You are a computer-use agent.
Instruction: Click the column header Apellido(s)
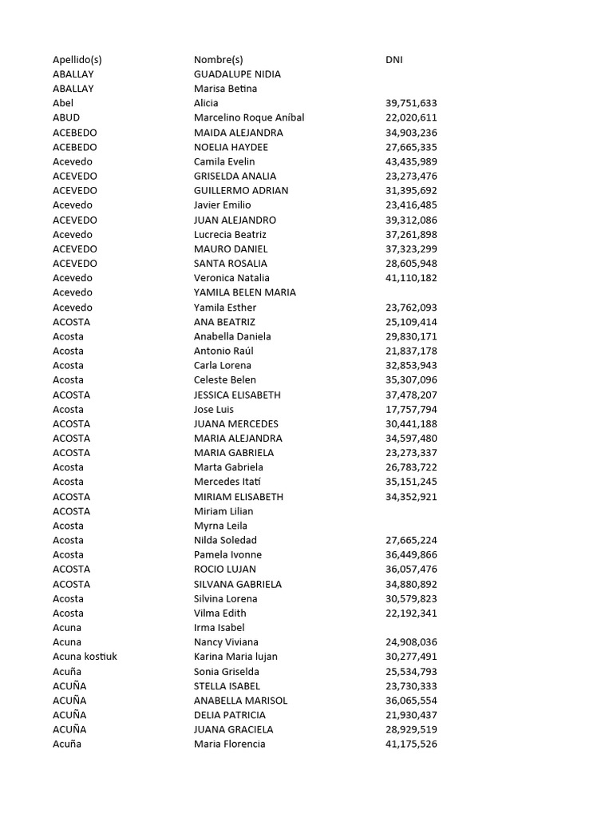click(x=77, y=59)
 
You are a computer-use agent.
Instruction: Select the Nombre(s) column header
click(x=218, y=59)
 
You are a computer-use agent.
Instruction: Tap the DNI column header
click(x=394, y=59)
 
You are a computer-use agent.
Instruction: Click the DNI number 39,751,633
click(x=411, y=103)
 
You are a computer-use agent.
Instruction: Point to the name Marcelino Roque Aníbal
click(x=249, y=117)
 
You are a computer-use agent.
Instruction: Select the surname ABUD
click(x=66, y=117)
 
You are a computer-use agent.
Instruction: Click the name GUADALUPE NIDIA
click(x=237, y=74)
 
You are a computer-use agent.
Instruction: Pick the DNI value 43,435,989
click(x=411, y=161)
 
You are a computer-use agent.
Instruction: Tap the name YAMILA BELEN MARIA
click(x=245, y=292)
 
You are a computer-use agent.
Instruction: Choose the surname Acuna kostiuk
click(x=85, y=657)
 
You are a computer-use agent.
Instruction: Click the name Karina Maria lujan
click(x=235, y=657)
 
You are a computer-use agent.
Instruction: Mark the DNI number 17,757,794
click(x=411, y=409)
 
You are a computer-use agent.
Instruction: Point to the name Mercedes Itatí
click(x=227, y=482)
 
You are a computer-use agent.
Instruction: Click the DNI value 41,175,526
click(x=411, y=744)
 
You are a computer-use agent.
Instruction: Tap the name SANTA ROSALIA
click(x=231, y=264)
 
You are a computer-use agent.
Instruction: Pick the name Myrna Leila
click(x=220, y=526)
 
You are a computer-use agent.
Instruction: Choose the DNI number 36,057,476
click(x=411, y=570)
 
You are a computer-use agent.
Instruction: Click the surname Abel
click(x=63, y=103)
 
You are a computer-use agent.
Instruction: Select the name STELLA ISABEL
click(x=227, y=685)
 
